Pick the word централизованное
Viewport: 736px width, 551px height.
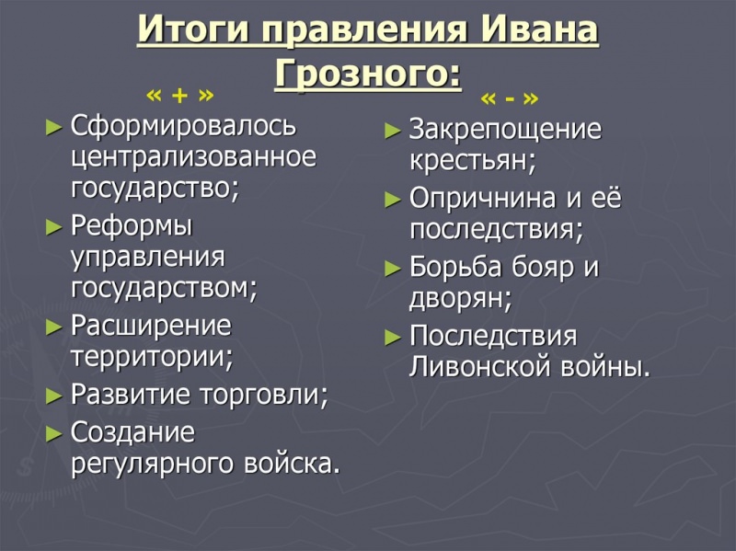193,157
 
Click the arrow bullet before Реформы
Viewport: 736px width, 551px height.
53,226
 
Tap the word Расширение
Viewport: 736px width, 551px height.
151,326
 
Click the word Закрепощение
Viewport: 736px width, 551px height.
505,130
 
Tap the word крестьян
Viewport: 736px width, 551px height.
472,162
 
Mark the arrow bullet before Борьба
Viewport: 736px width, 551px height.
393,269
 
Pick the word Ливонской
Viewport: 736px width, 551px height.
480,367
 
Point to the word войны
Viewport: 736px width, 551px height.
604,367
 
